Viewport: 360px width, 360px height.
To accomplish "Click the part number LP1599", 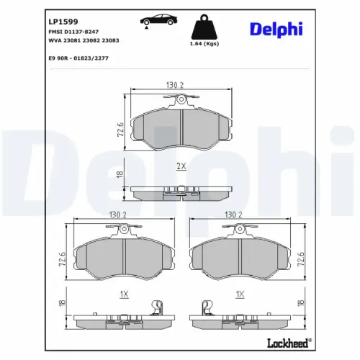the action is tap(63, 22).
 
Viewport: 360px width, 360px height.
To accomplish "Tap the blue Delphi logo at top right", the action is tap(276, 30).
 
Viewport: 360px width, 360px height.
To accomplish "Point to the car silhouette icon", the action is tap(158, 19).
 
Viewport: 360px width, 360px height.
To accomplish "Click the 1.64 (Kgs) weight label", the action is tap(204, 44).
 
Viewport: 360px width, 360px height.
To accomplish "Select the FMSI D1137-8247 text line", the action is tap(73, 32).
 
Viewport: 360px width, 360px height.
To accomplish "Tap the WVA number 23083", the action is tap(110, 40).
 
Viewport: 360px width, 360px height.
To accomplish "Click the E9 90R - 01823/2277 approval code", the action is tap(78, 58).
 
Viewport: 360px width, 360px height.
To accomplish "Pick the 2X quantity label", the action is tap(181, 166).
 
